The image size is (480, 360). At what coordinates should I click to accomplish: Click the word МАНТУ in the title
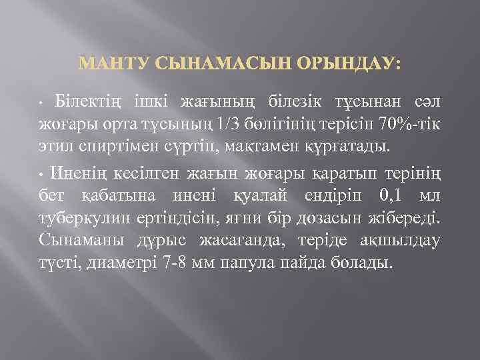(x=115, y=64)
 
